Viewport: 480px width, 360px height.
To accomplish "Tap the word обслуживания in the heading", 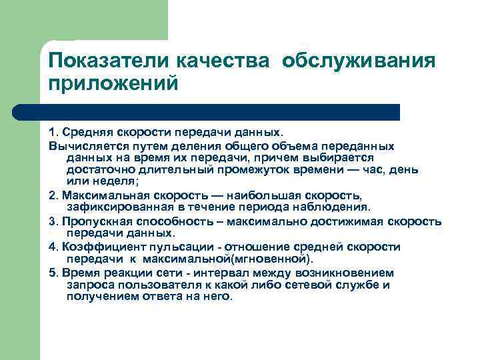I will click(x=359, y=61).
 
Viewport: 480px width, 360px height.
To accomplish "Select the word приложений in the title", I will click(x=113, y=84).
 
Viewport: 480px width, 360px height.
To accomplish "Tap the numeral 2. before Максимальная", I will click(x=53, y=194).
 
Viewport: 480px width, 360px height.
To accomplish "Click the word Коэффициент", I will click(x=95, y=247).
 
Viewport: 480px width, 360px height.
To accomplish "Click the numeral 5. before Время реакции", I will click(x=53, y=273).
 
